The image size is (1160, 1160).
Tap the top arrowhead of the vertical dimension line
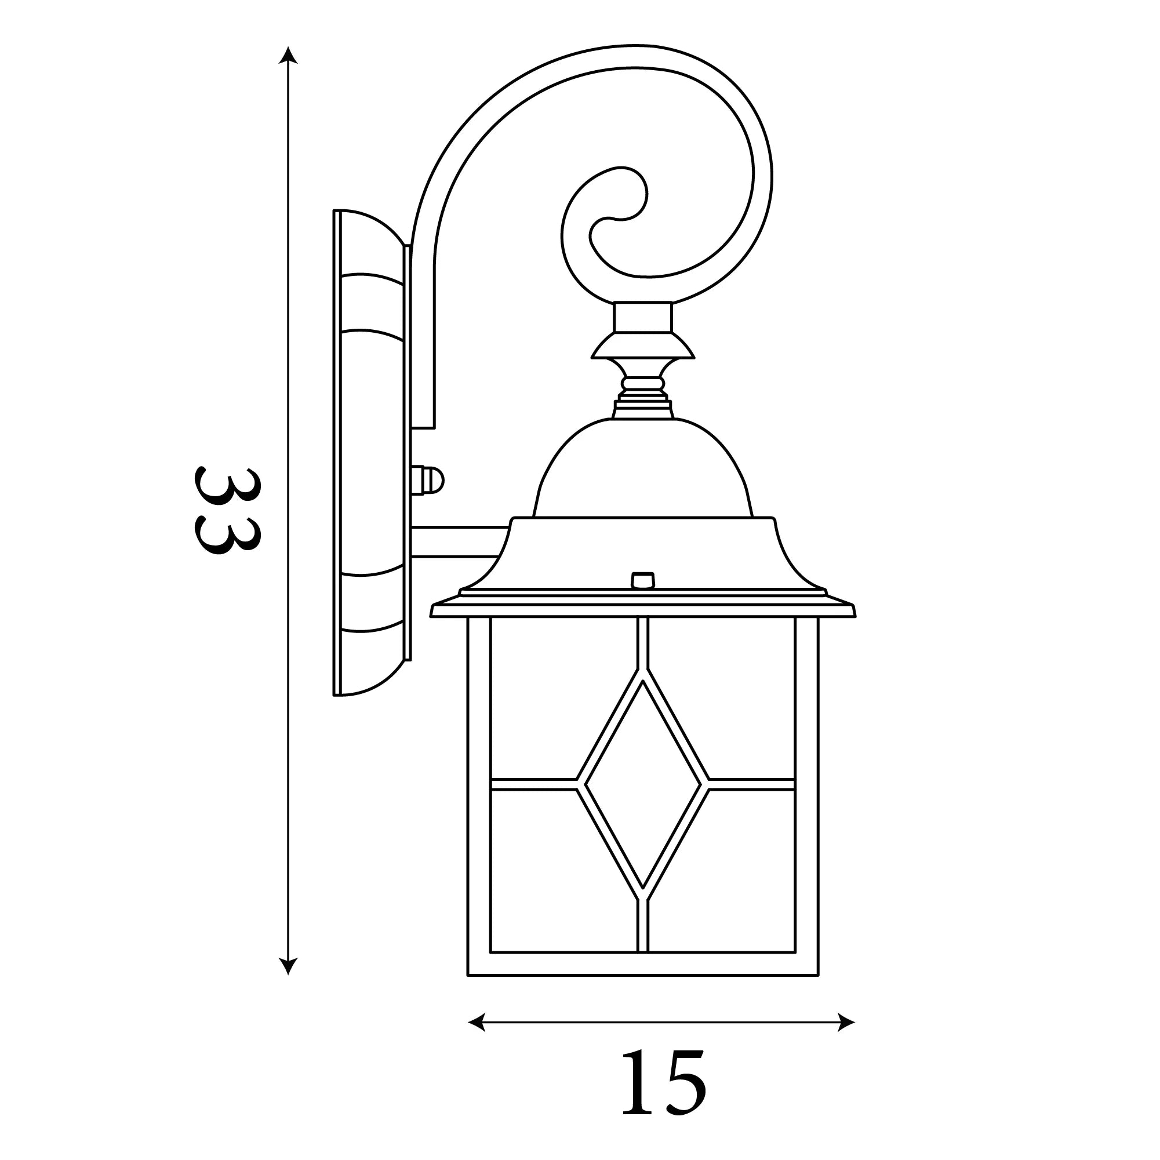coord(288,54)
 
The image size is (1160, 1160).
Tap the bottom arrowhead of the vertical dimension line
coord(288,983)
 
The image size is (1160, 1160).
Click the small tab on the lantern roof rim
coord(642,580)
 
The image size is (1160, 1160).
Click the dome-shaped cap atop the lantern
coord(642,471)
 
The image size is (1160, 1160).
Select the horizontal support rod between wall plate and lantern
coord(459,542)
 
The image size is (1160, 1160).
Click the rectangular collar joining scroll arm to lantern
coord(642,317)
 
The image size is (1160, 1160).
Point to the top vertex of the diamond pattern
coord(642,682)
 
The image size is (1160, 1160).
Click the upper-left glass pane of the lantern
coord(543,696)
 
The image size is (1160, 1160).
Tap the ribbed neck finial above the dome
coord(642,389)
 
